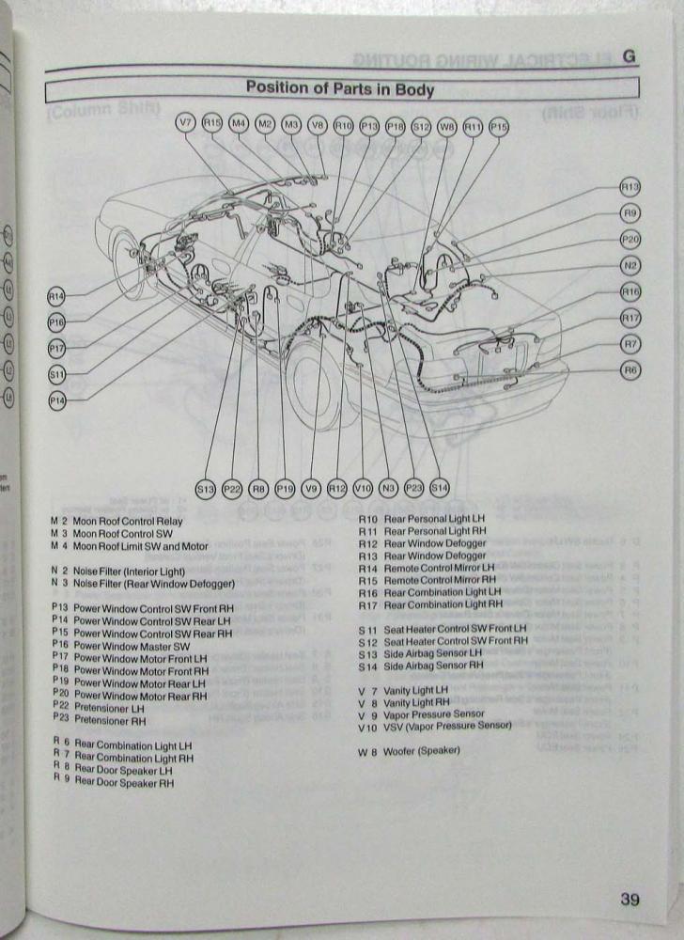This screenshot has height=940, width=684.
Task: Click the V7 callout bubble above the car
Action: click(x=186, y=123)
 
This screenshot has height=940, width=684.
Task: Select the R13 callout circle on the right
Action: click(x=630, y=187)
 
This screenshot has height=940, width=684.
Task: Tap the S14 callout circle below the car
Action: click(x=440, y=488)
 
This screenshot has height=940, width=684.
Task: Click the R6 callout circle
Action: click(x=630, y=370)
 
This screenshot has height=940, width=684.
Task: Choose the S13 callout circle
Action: click(x=206, y=488)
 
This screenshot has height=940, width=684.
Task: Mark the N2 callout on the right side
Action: click(x=630, y=266)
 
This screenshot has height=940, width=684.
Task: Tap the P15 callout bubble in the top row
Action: click(x=499, y=124)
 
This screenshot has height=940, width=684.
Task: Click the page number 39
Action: click(x=630, y=900)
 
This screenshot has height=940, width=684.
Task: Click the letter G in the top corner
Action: click(x=629, y=56)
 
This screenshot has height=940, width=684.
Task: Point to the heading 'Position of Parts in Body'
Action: click(x=340, y=89)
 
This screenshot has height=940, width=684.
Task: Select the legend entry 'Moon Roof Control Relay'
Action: click(x=128, y=521)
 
